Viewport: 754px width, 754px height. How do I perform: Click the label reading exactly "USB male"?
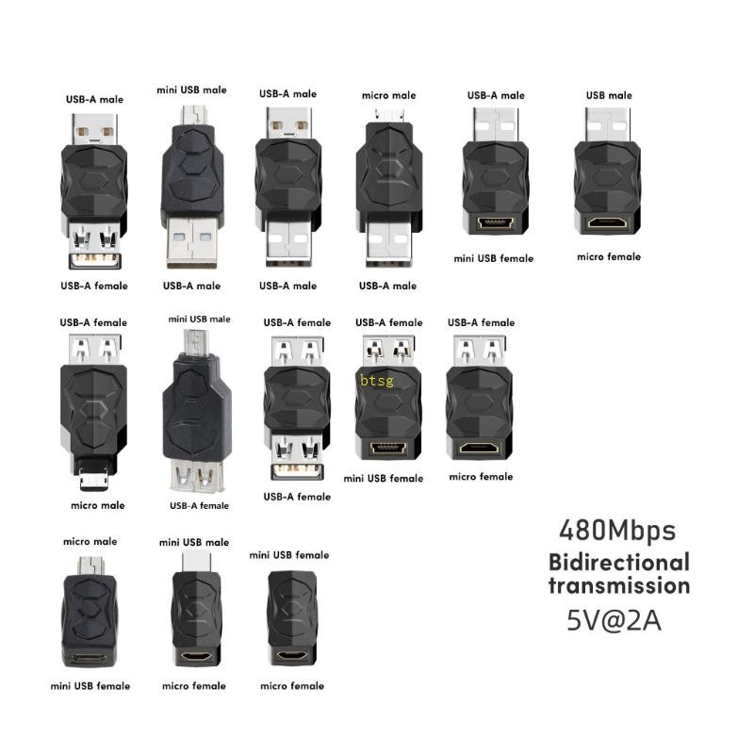tap(608, 95)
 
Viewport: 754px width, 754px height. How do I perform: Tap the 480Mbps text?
tap(617, 531)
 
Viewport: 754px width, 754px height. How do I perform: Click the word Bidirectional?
tap(619, 563)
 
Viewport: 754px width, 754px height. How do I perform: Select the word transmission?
tap(619, 585)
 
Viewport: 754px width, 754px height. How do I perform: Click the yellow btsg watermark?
tap(377, 381)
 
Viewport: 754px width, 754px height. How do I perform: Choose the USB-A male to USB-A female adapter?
tap(94, 188)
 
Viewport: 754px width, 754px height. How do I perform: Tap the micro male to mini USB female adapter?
tap(90, 613)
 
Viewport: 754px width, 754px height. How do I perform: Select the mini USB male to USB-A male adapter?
tap(191, 184)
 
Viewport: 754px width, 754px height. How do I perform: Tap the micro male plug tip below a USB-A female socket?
tap(92, 476)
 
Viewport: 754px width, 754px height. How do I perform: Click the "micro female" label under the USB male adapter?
tap(609, 256)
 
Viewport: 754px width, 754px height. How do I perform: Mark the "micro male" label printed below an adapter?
tap(97, 506)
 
